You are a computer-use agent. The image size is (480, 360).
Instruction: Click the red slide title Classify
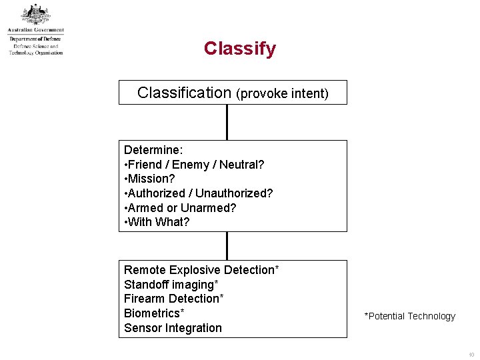pos(239,49)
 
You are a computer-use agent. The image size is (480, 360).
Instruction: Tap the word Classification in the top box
pos(184,93)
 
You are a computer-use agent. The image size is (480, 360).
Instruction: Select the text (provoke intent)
pos(282,93)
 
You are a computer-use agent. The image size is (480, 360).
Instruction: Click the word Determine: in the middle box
pos(153,150)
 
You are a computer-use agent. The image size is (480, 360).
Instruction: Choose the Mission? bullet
pos(150,179)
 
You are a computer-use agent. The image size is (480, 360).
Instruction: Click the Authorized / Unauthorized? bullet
pos(199,193)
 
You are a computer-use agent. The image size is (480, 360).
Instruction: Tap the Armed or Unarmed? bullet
pos(180,208)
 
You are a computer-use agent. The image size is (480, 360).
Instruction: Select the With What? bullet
pos(157,222)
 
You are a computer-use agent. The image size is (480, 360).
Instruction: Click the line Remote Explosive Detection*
pos(201,270)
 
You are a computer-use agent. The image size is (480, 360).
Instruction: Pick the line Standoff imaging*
pos(171,285)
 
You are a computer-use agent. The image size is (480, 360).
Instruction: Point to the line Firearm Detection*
pos(174,299)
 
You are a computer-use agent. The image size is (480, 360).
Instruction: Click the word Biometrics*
pos(154,313)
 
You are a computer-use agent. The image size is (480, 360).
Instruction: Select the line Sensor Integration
pos(173,328)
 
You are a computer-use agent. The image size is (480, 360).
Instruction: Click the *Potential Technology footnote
pos(409,317)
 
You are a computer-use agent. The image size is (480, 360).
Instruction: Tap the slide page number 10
pos(471,355)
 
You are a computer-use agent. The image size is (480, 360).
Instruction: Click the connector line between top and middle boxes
pos(227,122)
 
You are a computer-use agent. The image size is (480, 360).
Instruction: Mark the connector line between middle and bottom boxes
pos(227,245)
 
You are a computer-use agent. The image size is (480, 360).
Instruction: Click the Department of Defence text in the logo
pos(35,39)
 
